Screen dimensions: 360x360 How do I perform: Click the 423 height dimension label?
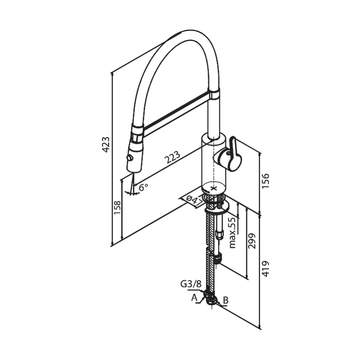pyautogui.click(x=106, y=145)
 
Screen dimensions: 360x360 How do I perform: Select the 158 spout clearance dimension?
pyautogui.click(x=117, y=208)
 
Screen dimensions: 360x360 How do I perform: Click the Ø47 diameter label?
pyautogui.click(x=194, y=201)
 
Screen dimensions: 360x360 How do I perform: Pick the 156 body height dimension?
pyautogui.click(x=266, y=181)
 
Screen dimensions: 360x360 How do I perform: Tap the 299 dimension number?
pyautogui.click(x=252, y=241)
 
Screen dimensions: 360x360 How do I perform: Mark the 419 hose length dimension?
pyautogui.click(x=266, y=269)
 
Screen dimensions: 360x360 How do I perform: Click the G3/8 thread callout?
pyautogui.click(x=191, y=284)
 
